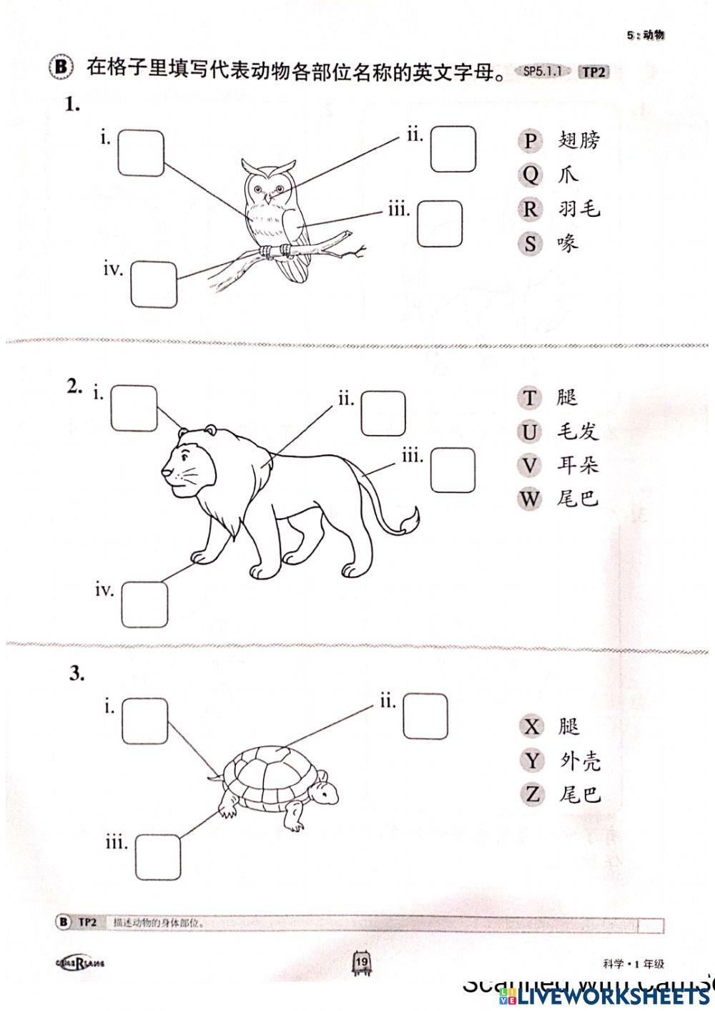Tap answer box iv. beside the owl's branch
click(154, 284)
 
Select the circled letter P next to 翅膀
click(529, 141)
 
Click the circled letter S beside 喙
click(529, 244)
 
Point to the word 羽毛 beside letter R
click(579, 209)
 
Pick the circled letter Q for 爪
click(529, 175)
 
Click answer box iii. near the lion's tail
click(453, 471)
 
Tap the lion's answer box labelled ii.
click(383, 413)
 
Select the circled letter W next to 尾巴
click(529, 499)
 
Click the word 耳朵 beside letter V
click(578, 466)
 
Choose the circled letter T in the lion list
click(529, 398)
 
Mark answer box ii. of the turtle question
click(425, 716)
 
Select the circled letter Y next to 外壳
click(531, 761)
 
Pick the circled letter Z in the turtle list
click(531, 794)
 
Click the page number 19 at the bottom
click(361, 962)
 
